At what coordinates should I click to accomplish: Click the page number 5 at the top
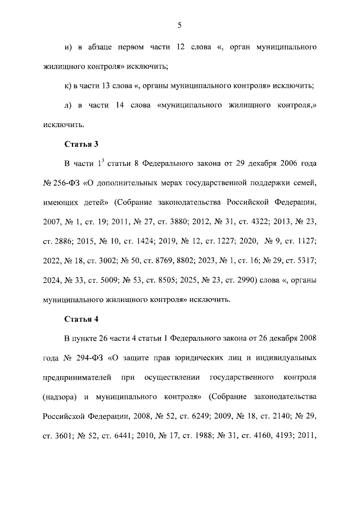(179, 25)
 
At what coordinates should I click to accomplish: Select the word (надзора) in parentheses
(60, 397)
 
